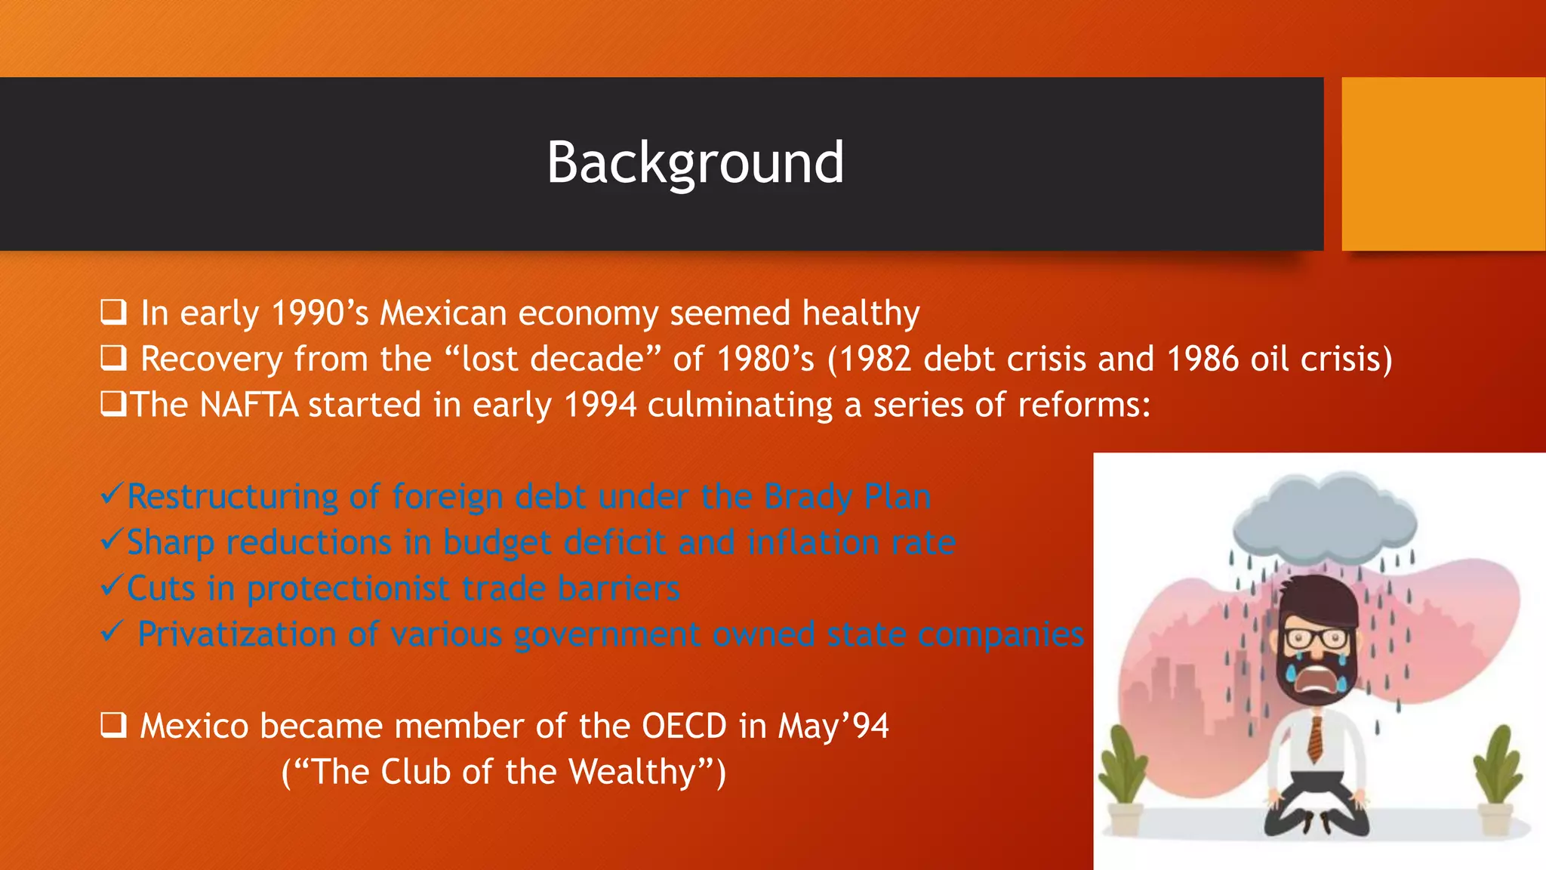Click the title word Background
(x=694, y=163)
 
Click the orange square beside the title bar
(x=1443, y=164)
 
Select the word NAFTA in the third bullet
(x=249, y=406)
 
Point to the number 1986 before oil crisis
(x=1202, y=359)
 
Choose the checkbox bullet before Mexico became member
(x=113, y=726)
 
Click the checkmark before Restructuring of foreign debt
(x=112, y=495)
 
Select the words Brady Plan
(x=847, y=497)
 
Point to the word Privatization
(x=236, y=635)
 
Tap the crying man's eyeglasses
(x=1314, y=639)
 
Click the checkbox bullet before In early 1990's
(x=113, y=312)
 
